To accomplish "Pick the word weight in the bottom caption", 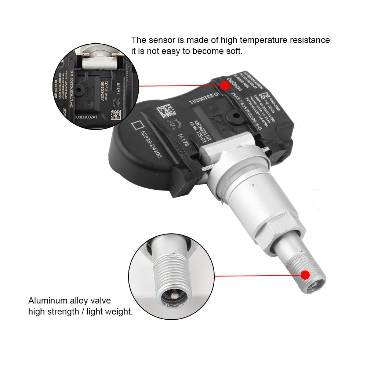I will [118, 312].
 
